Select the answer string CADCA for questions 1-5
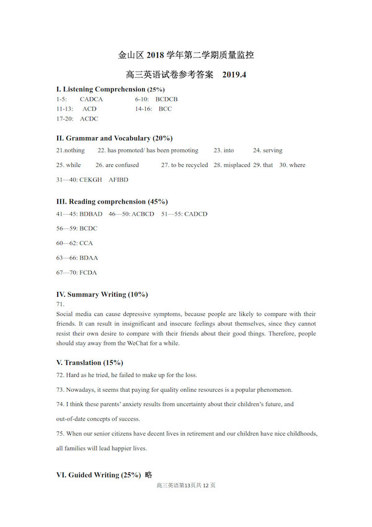pyautogui.click(x=91, y=99)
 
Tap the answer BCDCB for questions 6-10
pyautogui.click(x=167, y=99)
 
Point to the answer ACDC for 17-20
pyautogui.click(x=89, y=119)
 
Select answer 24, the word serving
pyautogui.click(x=272, y=150)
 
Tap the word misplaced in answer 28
pyautogui.click(x=236, y=165)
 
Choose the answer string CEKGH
pyautogui.click(x=92, y=180)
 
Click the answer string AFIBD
pyautogui.click(x=118, y=180)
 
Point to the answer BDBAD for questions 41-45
pyautogui.click(x=91, y=214)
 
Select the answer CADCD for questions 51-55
pyautogui.click(x=196, y=214)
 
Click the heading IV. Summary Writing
pyautogui.click(x=102, y=294)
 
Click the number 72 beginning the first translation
pyautogui.click(x=60, y=375)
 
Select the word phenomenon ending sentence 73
pyautogui.click(x=274, y=390)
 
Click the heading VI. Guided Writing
pyautogui.click(x=99, y=475)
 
